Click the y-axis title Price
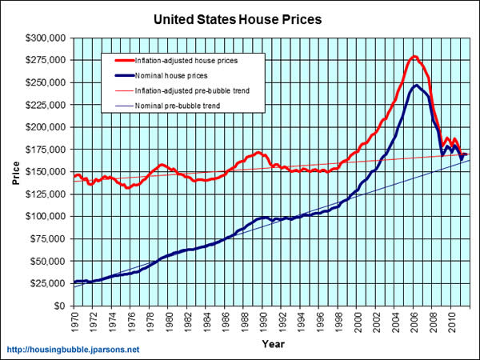pyautogui.click(x=15, y=171)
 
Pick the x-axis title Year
pyautogui.click(x=272, y=344)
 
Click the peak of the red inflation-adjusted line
pyautogui.click(x=414, y=57)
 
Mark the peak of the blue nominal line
pyautogui.click(x=417, y=86)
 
